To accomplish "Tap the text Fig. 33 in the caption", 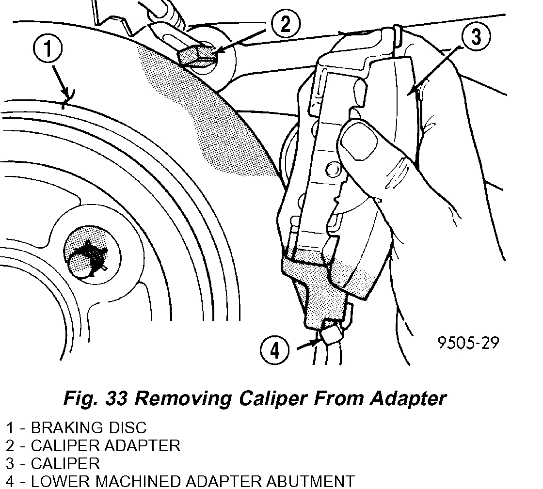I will point(95,398).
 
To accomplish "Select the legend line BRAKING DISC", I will point(76,427).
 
